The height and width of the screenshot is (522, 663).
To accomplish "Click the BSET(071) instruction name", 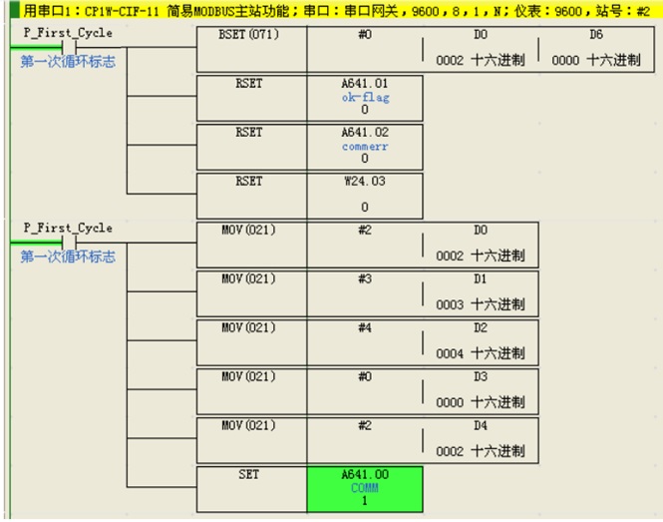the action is point(248,34).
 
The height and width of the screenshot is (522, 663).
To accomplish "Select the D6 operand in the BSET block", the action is point(596,34).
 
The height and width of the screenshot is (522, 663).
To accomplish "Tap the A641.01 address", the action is point(365,84).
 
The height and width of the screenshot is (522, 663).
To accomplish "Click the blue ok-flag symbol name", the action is point(365,98).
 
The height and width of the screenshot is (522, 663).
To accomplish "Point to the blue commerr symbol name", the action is point(365,147).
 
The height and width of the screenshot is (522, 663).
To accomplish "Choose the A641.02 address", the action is point(365,133).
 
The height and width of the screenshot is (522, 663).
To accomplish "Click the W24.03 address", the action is point(365,182).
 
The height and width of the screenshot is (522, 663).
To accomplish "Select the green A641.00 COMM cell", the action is point(365,489).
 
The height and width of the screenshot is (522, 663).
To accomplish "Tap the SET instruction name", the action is point(248,474).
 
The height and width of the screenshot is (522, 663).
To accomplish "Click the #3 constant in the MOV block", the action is point(365,279).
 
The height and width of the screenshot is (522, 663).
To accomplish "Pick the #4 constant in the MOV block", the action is point(365,327).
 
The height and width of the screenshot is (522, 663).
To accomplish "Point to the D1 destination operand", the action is point(481,279).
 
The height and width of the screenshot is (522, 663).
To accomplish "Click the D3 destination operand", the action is point(481,377).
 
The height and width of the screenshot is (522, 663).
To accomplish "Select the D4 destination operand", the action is point(481,425).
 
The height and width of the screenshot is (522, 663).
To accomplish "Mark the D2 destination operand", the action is point(481,327).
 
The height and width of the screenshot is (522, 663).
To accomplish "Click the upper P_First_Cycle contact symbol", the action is point(69,47).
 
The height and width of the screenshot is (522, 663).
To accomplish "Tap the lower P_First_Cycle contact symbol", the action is point(69,243).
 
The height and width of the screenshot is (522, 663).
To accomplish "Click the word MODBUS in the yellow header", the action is point(214,11).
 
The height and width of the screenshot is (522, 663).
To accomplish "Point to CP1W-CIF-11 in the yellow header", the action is point(122,11).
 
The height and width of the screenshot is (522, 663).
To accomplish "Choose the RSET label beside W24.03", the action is point(248,182).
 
